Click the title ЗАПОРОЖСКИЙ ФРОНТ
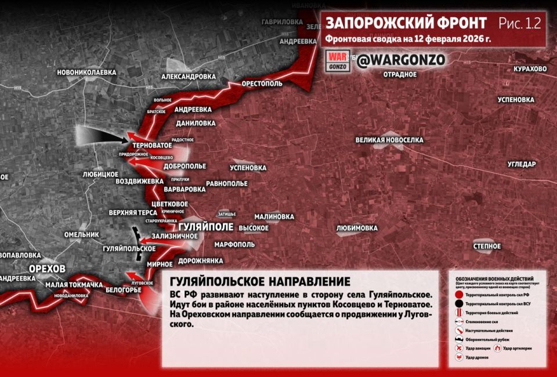point(406,23)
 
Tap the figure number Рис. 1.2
point(519,23)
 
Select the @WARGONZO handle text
point(401,60)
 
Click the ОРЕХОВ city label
point(48,268)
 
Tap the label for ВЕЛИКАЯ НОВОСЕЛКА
point(390,140)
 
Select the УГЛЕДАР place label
point(522,164)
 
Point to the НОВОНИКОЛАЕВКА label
point(86,72)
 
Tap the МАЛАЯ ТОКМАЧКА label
point(74,285)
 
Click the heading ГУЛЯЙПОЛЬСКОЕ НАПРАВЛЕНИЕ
point(260,282)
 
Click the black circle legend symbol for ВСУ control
point(458,303)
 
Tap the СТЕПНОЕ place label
point(487,246)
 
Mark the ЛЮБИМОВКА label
point(357,228)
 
